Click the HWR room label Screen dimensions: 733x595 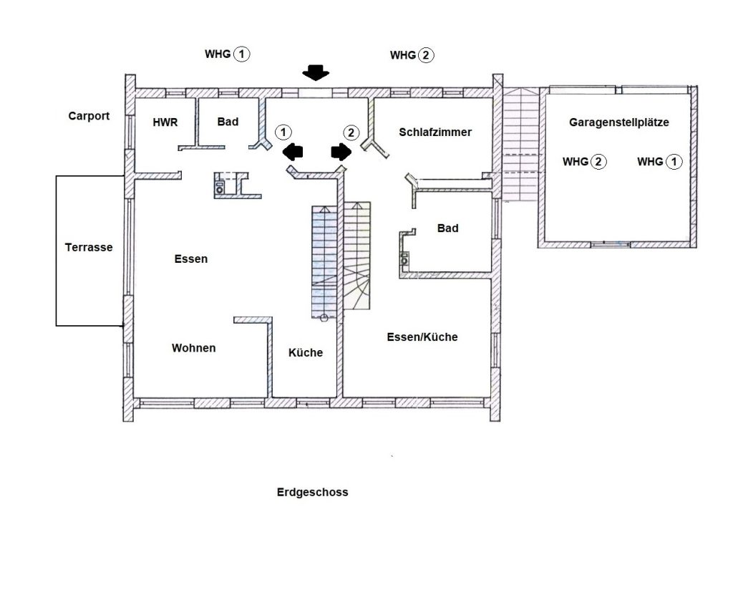click(x=165, y=122)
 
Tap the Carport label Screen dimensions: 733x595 click(x=89, y=116)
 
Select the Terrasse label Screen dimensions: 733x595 click(x=89, y=248)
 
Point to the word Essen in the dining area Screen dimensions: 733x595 click(x=190, y=259)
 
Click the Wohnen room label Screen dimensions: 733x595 click(x=193, y=348)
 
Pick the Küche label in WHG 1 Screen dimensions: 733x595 click(x=305, y=353)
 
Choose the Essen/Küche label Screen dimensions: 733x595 click(x=422, y=337)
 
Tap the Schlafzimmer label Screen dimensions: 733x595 click(x=435, y=132)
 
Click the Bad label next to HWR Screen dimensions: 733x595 click(x=228, y=122)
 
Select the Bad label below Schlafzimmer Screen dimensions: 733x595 click(x=448, y=228)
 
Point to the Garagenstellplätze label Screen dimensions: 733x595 click(x=619, y=122)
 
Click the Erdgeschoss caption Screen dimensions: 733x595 click(x=312, y=493)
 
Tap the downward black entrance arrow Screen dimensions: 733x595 click(x=316, y=72)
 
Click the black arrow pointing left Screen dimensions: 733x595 click(x=293, y=152)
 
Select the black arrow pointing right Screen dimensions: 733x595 click(x=341, y=152)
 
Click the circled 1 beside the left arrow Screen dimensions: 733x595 click(x=283, y=132)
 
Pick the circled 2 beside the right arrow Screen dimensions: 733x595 click(x=351, y=133)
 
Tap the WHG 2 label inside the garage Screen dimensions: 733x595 click(x=584, y=162)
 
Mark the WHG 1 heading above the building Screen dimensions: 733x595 click(x=227, y=54)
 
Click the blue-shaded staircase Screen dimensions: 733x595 click(x=324, y=263)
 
